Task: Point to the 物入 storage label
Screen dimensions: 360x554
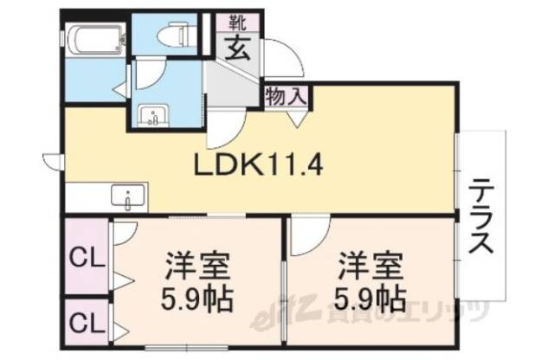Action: [286, 95]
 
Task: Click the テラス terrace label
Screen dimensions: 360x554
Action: [482, 215]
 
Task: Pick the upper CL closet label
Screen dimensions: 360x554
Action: [84, 258]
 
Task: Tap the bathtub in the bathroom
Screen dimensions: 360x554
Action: [92, 38]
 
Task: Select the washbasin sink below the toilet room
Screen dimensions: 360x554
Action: [154, 114]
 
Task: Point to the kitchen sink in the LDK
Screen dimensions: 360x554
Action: [128, 195]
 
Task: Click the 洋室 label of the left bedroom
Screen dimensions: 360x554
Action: [196, 261]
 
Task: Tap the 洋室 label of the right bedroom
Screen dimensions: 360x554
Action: [367, 261]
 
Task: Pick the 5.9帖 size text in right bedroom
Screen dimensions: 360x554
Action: [368, 298]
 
